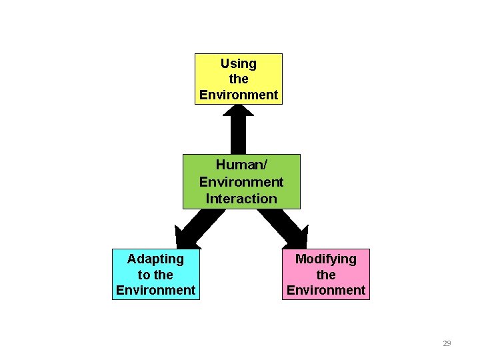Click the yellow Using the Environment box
[238, 79]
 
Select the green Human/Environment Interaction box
[241, 181]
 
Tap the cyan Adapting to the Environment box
[155, 274]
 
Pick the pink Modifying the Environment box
[325, 274]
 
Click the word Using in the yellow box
[238, 63]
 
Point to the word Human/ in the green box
[241, 165]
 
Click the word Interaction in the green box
[241, 198]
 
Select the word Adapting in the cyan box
[155, 258]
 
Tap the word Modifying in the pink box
[325, 258]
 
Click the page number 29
[447, 343]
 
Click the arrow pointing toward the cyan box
[193, 227]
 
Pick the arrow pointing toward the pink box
[287, 227]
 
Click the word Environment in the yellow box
[238, 95]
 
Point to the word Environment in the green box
[241, 181]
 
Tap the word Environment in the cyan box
[155, 290]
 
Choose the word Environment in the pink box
[325, 290]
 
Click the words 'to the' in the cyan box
[155, 274]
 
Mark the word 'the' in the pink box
[325, 274]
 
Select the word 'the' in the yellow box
[238, 79]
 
